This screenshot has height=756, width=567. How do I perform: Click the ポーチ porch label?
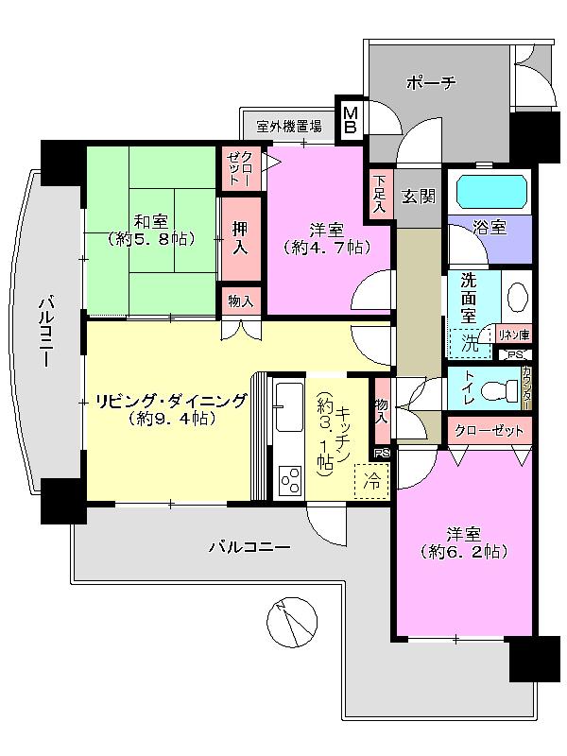pyautogui.click(x=431, y=83)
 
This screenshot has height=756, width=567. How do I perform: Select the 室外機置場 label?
pyautogui.click(x=289, y=125)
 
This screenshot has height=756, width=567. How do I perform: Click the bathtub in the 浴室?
pyautogui.click(x=490, y=194)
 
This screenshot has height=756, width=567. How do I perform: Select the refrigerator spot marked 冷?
pyautogui.click(x=372, y=480)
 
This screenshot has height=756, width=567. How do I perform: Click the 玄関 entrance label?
pyautogui.click(x=419, y=197)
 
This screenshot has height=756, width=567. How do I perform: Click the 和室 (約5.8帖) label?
pyautogui.click(x=151, y=230)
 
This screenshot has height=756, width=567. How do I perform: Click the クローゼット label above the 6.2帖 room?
pyautogui.click(x=489, y=431)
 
